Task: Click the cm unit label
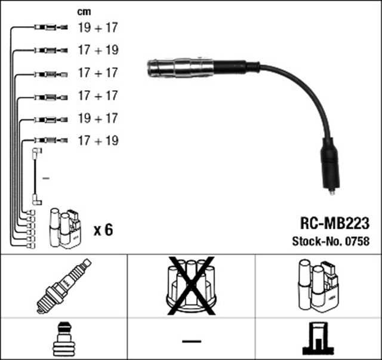(84, 12)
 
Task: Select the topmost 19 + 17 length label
(98, 27)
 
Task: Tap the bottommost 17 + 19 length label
(98, 141)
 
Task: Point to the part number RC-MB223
(335, 223)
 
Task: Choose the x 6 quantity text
(103, 230)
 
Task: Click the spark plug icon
(64, 286)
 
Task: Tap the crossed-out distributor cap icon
(191, 285)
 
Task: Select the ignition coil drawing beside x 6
(65, 228)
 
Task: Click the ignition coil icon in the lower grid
(318, 286)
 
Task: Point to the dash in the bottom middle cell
(192, 341)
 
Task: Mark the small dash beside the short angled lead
(46, 179)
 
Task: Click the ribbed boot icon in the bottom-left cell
(64, 339)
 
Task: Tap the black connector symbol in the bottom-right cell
(318, 339)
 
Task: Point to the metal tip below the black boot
(332, 192)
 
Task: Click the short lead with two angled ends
(37, 177)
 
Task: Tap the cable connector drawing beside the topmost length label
(51, 27)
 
